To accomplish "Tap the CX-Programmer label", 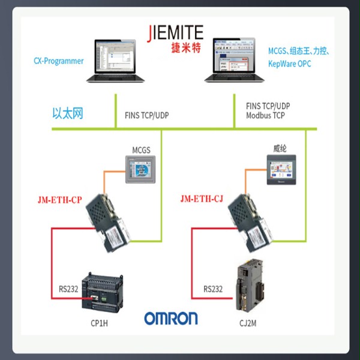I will pyautogui.click(x=58, y=61).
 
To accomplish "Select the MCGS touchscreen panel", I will pyautogui.click(x=139, y=169).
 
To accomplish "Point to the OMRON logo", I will pyautogui.click(x=170, y=318).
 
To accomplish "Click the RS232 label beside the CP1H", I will pyautogui.click(x=67, y=289).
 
